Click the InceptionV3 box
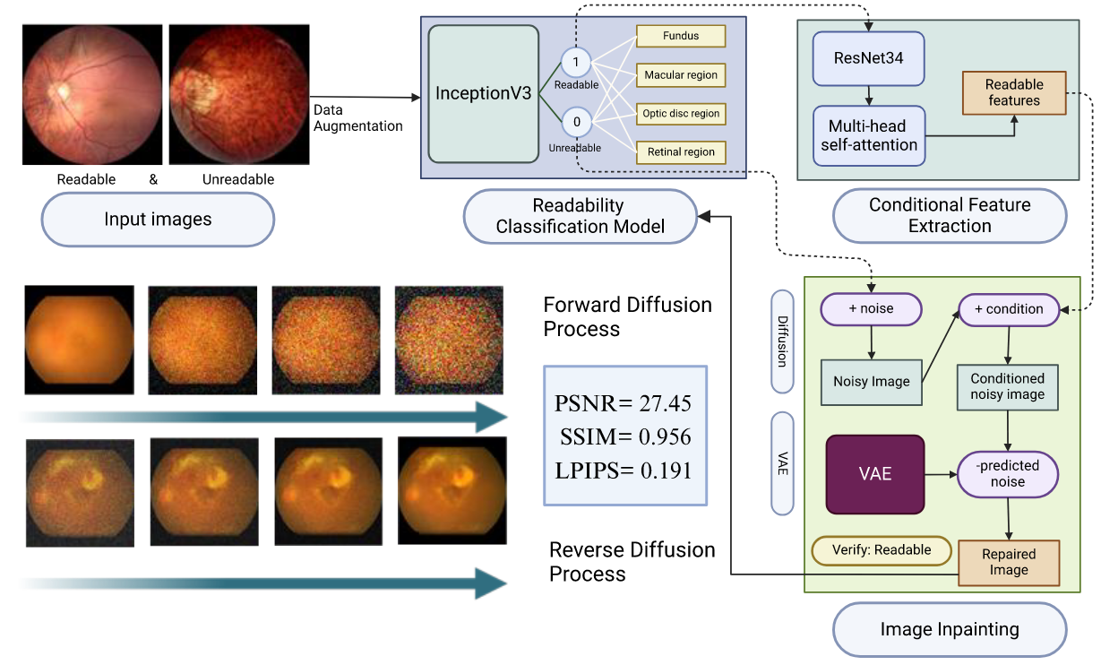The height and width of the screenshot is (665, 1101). click(483, 94)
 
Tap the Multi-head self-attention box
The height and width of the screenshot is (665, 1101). click(868, 135)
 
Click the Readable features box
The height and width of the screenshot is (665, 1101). click(1013, 92)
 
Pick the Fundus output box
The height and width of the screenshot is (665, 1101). click(680, 37)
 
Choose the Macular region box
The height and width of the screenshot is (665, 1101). click(680, 75)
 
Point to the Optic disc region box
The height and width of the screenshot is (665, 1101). click(680, 114)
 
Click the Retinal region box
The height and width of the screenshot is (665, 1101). click(680, 151)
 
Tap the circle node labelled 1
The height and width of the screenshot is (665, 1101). click(576, 63)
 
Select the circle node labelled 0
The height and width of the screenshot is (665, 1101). click(576, 121)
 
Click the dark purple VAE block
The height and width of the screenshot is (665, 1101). click(874, 474)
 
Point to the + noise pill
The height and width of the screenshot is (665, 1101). click(871, 309)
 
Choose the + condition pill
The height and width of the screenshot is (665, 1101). click(1009, 309)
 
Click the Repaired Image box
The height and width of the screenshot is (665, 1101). click(1009, 562)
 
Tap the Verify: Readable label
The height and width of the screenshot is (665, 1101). click(882, 550)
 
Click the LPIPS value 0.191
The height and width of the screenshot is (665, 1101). click(665, 471)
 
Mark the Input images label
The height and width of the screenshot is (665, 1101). click(158, 220)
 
